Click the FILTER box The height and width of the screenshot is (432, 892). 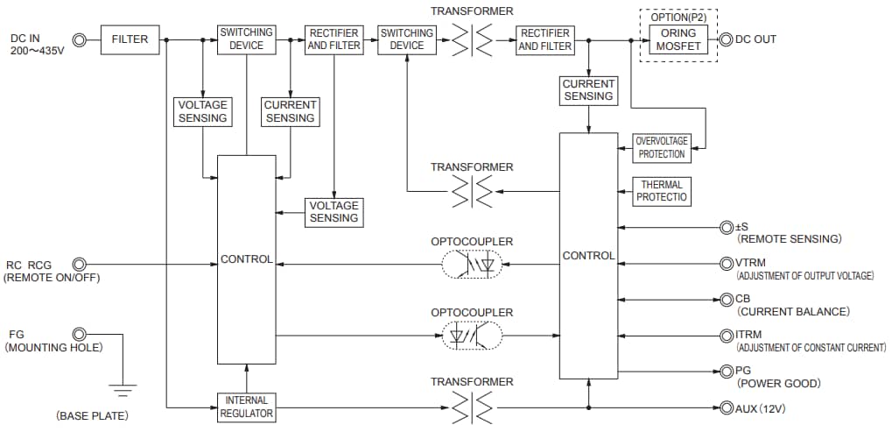click(x=130, y=39)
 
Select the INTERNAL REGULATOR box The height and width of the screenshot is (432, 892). click(x=246, y=407)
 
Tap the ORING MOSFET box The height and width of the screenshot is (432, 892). click(x=678, y=39)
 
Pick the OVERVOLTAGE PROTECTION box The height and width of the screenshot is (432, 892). click(x=662, y=147)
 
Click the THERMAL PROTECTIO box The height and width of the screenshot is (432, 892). click(x=661, y=192)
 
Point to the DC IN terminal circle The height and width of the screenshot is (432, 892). click(x=80, y=39)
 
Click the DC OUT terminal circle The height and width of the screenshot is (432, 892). click(x=725, y=39)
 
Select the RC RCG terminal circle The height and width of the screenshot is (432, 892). click(x=80, y=263)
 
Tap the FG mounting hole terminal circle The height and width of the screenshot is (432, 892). click(x=80, y=334)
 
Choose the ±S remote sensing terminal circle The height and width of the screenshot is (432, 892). click(x=726, y=227)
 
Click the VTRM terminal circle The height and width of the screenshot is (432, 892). click(x=726, y=263)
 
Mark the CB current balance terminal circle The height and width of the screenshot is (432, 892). click(x=726, y=299)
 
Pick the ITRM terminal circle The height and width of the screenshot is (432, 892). click(x=726, y=335)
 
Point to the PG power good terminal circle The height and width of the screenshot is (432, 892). click(x=726, y=371)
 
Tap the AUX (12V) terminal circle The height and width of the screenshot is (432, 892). click(x=726, y=407)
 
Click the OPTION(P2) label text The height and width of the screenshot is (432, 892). click(x=678, y=16)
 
